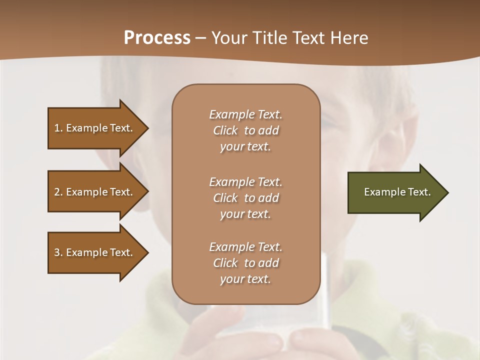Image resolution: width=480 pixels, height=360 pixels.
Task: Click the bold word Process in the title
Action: (157, 38)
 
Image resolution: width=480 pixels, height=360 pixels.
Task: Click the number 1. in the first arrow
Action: (58, 128)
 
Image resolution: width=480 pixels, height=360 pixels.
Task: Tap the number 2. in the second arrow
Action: (58, 192)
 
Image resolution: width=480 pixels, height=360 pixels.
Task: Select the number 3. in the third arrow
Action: (58, 252)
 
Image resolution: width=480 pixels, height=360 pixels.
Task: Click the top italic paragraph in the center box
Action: (245, 130)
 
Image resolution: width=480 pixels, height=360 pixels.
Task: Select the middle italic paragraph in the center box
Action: (245, 198)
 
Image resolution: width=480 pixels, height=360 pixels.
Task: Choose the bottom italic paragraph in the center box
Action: (245, 263)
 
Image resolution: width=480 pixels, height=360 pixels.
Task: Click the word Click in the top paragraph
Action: (225, 130)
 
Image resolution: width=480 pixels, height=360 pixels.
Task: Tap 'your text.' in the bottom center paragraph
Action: (245, 279)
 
